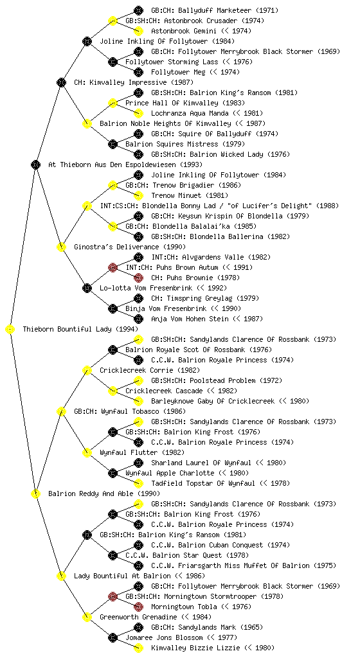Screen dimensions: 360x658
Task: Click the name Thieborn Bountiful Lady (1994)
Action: (80, 329)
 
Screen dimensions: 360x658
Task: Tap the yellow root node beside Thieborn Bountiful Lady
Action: (10, 329)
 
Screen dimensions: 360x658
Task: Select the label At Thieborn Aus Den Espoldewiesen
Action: (104, 164)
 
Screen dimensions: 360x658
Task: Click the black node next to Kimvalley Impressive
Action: (61, 82)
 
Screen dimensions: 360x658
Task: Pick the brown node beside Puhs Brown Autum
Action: (113, 267)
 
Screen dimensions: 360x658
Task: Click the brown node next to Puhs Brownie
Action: (138, 278)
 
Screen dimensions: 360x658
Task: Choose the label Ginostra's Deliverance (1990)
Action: (130, 247)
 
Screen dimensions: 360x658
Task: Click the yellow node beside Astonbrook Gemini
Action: (138, 31)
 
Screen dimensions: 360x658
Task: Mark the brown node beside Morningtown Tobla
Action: (138, 607)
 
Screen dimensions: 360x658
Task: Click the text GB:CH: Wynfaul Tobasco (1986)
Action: (130, 411)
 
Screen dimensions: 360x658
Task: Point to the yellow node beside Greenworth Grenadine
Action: (87, 617)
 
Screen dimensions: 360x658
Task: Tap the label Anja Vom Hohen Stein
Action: (190, 319)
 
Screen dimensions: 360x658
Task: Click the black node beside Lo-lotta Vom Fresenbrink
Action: (87, 288)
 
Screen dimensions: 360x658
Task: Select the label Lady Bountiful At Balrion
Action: (122, 576)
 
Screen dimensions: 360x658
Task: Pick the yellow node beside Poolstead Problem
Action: (138, 380)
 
